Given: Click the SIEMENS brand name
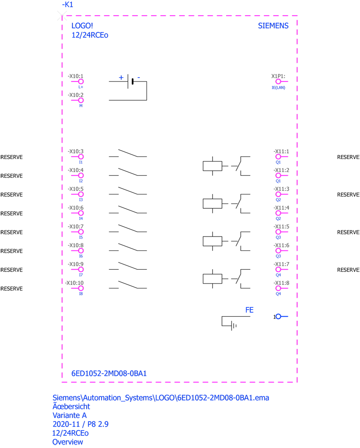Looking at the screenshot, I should pos(275,26).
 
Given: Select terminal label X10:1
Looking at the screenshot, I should pos(75,76).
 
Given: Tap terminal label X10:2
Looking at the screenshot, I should pos(75,95).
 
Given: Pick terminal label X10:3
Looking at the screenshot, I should pos(75,151).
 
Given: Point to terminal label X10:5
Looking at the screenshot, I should pos(75,189).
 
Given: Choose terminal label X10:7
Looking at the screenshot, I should pos(75,226).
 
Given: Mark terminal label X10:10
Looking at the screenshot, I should pos(75,283).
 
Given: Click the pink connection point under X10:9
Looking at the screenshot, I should pos(81,270).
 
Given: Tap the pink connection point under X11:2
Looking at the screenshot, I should pos(279,176).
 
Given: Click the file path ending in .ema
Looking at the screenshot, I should pos(161,398).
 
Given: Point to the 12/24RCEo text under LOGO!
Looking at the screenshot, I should pos(88,35).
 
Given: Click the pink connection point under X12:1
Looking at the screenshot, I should pos(279,82).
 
